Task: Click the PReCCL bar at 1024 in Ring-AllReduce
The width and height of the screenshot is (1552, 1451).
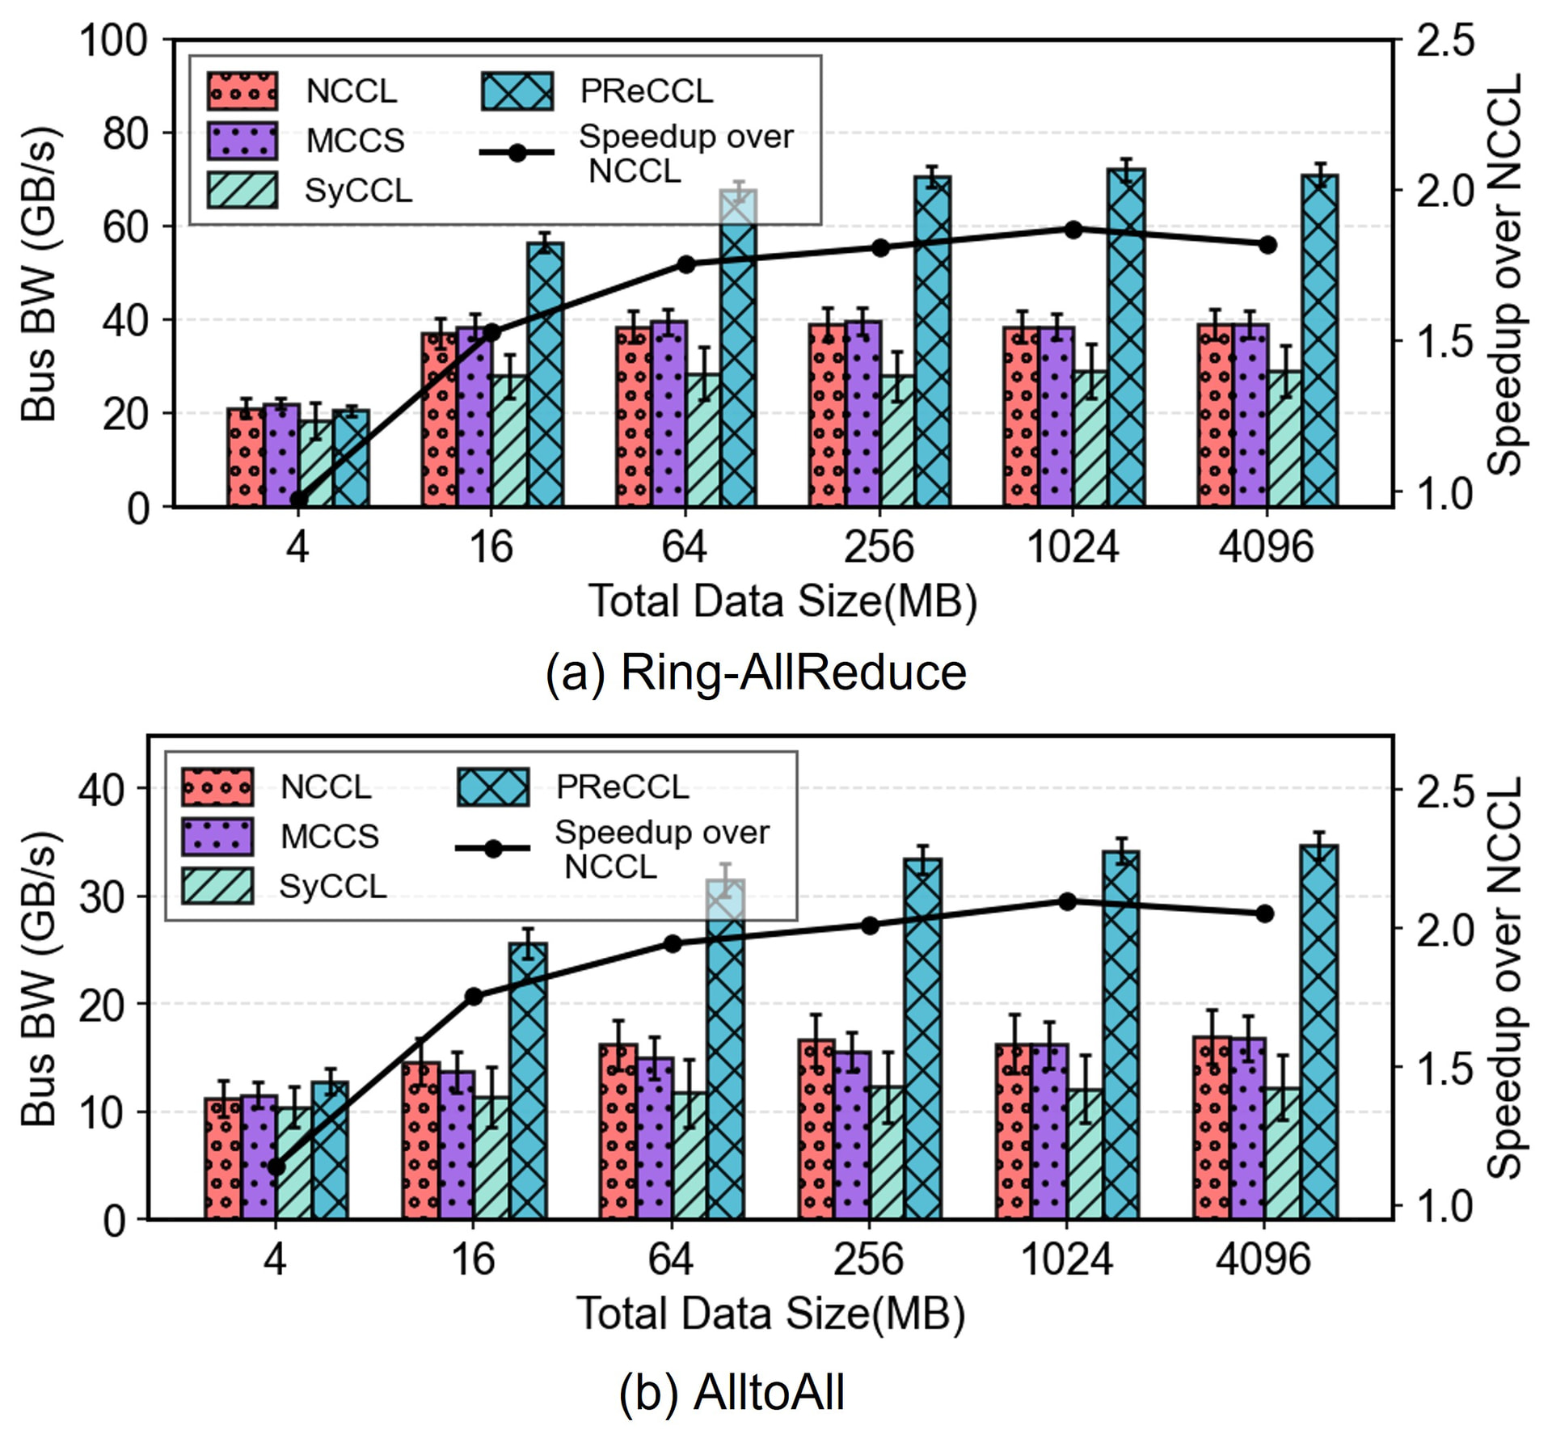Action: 1127,338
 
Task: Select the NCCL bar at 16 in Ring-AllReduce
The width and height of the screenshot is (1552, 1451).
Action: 439,420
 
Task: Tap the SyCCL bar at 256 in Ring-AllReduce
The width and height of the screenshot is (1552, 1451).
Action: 897,441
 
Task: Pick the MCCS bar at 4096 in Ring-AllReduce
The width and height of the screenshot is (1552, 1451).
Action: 1250,415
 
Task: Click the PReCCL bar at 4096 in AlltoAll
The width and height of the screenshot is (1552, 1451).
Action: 1319,1031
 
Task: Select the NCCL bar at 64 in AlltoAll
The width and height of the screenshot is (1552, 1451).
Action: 618,1131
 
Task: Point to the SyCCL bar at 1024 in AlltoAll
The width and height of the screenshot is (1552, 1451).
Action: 1085,1154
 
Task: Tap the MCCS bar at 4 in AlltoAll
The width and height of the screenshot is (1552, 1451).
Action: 259,1157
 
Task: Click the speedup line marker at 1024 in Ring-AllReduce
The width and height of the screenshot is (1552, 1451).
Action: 1073,230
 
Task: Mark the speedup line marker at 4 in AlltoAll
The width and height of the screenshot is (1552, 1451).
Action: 276,1166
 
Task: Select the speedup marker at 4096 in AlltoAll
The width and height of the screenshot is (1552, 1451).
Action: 1265,913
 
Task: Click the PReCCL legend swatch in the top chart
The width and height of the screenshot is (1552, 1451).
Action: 517,91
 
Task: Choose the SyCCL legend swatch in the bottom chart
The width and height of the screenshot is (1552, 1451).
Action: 217,885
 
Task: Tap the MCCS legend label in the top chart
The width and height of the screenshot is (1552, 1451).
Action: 355,141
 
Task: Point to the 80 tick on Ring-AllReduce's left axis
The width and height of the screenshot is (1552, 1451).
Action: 125,133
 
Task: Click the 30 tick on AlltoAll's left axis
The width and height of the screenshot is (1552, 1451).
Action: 102,896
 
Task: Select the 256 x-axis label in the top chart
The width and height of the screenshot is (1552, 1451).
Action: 879,546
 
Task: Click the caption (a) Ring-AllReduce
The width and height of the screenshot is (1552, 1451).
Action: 756,673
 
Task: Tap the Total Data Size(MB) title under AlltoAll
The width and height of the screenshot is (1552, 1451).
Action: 770,1314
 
